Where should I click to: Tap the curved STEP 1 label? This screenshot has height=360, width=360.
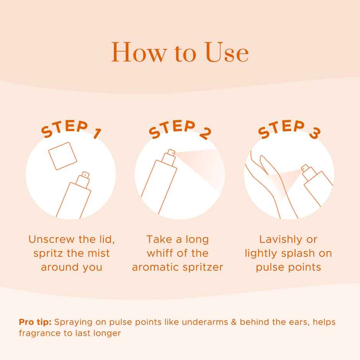[x=71, y=129]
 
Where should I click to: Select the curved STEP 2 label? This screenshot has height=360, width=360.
[x=180, y=129]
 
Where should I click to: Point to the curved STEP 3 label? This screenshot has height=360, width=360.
[x=289, y=129]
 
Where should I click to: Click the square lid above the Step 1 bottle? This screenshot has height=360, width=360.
[x=62, y=156]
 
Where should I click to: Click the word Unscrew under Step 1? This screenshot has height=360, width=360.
[x=51, y=239]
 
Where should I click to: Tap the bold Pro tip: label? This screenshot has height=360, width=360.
[x=35, y=322]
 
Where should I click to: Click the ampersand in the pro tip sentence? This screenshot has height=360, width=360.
[x=234, y=322]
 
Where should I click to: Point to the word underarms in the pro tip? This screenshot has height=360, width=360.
[x=205, y=322]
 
